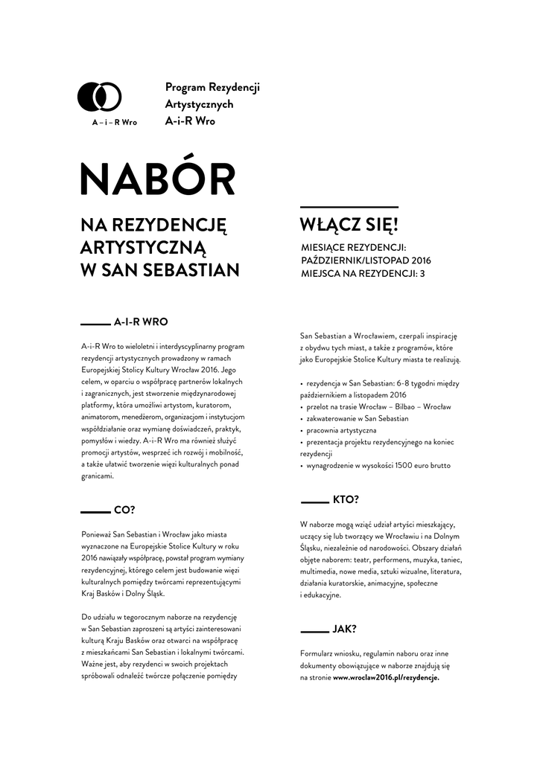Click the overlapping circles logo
click(100, 96)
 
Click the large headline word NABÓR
click(157, 180)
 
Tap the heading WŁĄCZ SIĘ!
click(349, 225)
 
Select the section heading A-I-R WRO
click(141, 323)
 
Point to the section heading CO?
click(124, 510)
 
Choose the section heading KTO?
click(345, 499)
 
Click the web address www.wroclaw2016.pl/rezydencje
click(386, 678)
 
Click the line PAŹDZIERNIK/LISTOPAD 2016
click(366, 260)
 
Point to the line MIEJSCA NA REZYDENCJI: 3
click(363, 274)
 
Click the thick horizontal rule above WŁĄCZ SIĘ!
click(349, 207)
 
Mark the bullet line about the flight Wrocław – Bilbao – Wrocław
click(379, 407)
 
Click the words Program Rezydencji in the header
click(212, 88)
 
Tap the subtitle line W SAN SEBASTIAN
click(159, 269)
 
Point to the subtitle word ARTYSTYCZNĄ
click(142, 246)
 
